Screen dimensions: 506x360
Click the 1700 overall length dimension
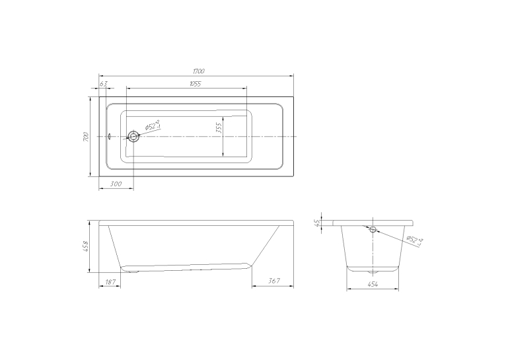click(x=199, y=71)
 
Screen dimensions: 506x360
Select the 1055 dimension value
click(x=196, y=84)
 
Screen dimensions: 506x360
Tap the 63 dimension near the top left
click(x=103, y=84)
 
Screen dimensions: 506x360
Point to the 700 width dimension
click(x=85, y=137)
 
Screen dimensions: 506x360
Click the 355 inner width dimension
click(x=219, y=128)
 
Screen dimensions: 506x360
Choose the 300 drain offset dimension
click(x=116, y=184)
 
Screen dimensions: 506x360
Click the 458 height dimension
click(x=85, y=246)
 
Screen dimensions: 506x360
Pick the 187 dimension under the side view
click(x=110, y=281)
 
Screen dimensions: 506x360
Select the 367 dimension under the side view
click(x=274, y=281)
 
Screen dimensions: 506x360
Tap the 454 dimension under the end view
click(x=373, y=284)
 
